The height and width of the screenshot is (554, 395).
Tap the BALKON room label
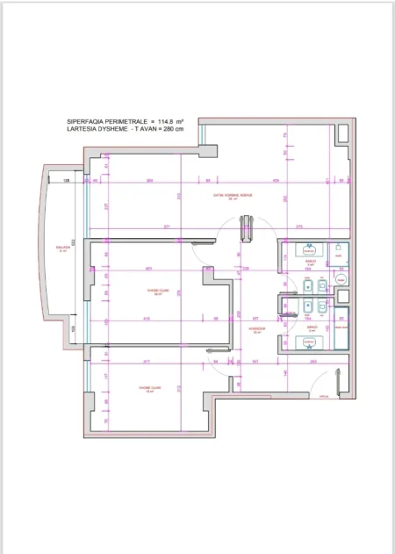(63, 248)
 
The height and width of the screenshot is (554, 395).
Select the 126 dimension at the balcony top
(67, 181)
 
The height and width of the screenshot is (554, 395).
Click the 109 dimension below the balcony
(73, 329)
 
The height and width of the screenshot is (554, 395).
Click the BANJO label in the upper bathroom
(310, 261)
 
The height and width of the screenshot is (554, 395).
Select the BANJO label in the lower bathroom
(310, 328)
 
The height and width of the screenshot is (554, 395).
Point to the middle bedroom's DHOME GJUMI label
(159, 293)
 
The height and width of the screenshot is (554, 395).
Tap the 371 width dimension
(167, 227)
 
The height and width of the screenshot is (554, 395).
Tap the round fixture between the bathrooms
(341, 279)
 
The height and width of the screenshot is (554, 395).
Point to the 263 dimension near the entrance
(312, 361)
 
